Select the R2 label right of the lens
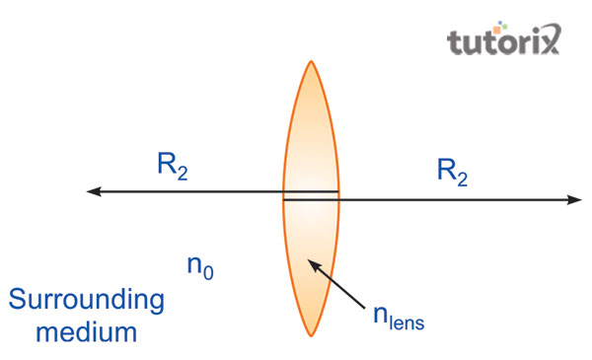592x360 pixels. pos(452,172)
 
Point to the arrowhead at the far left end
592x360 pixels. pos(92,191)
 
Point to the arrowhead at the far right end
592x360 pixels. pos(576,201)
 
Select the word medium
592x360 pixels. pos(88,331)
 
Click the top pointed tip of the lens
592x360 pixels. pos(311,62)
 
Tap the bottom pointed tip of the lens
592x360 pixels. pos(311,335)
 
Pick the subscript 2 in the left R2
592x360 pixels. pos(182,175)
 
